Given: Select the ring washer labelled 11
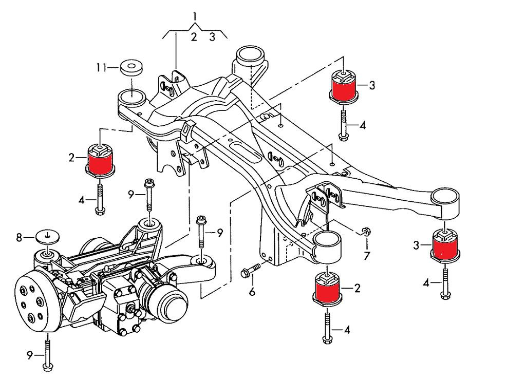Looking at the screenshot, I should [131, 67].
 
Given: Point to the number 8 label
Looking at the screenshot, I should [20, 238].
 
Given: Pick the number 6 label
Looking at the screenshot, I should [252, 292].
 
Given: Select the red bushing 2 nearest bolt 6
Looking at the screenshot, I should [327, 291].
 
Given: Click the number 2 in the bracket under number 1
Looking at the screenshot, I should [194, 37].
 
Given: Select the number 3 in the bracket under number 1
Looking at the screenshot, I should [212, 37].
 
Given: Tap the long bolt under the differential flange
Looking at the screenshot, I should [47, 354].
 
